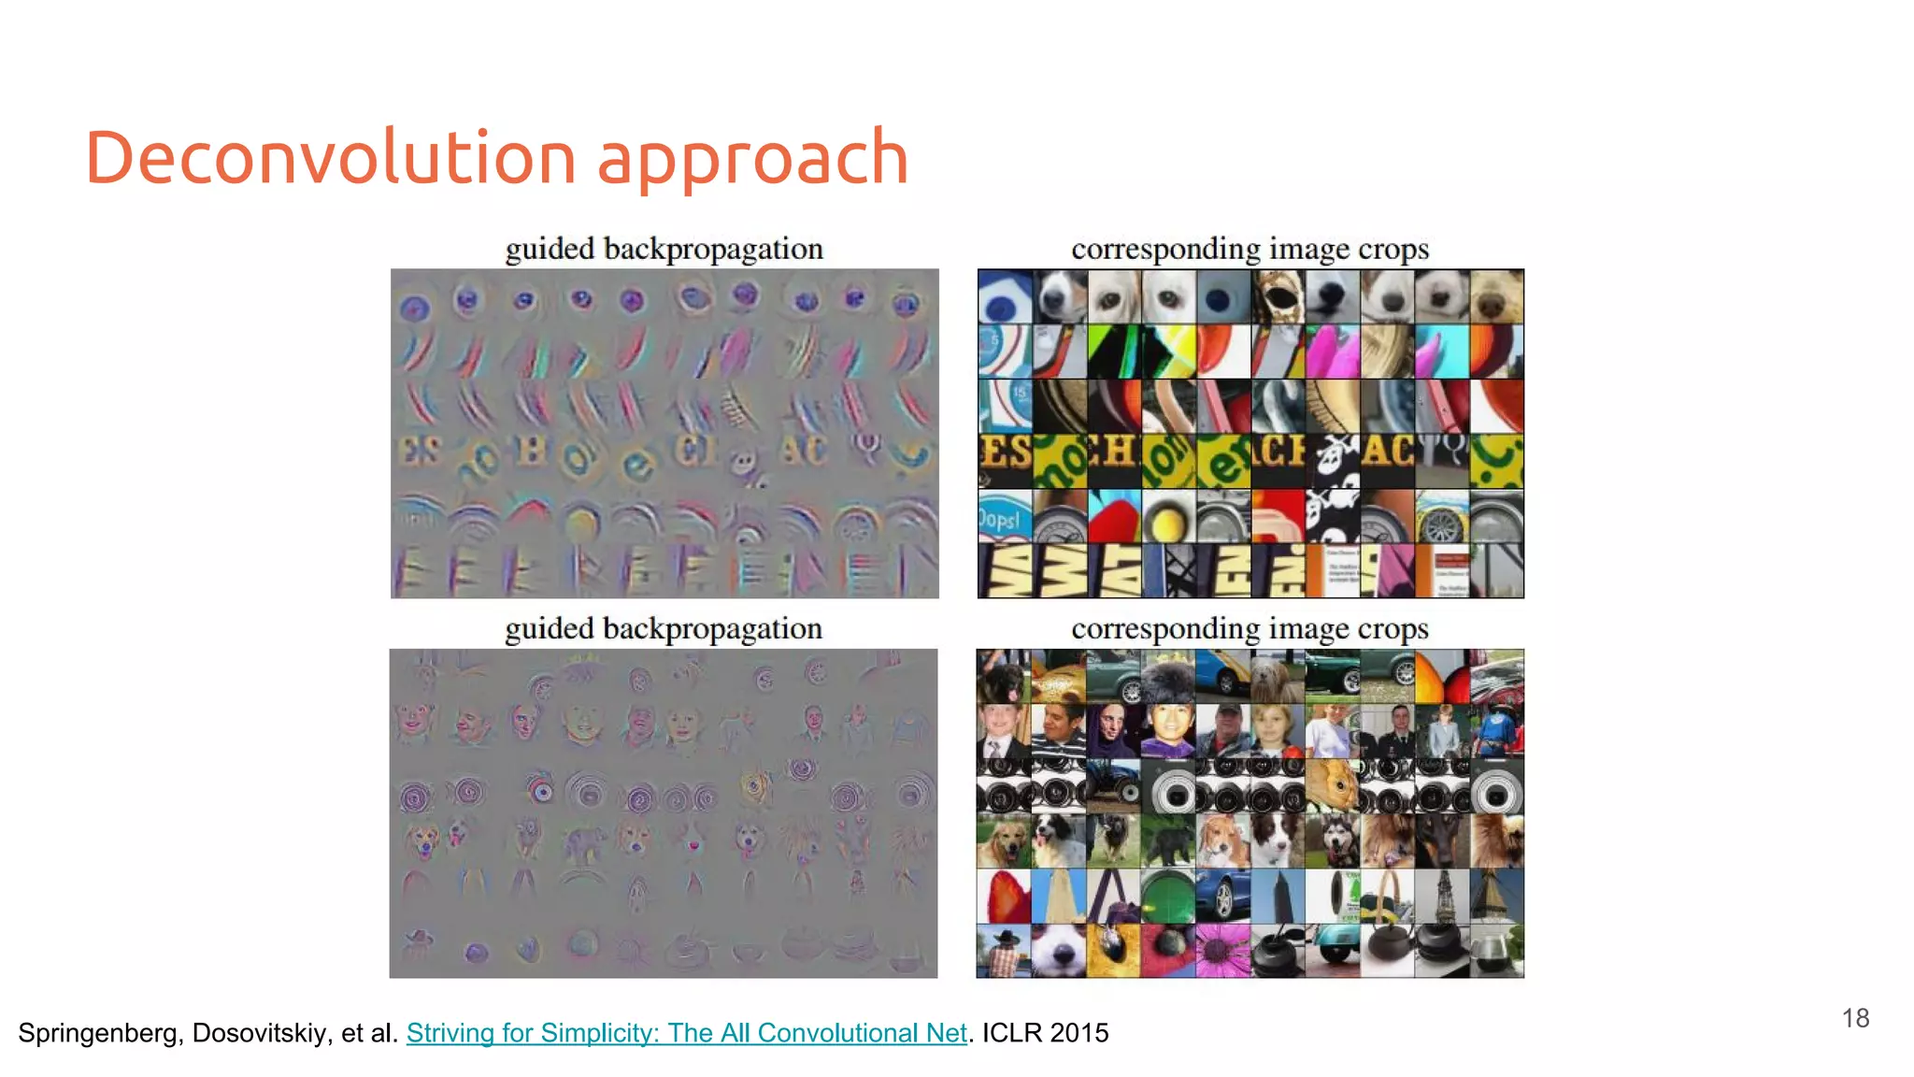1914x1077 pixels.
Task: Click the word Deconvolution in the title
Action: click(x=330, y=157)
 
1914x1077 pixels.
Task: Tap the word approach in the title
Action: click(x=752, y=159)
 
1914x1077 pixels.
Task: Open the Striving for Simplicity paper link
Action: click(x=686, y=1032)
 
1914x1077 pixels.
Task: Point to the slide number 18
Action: click(x=1855, y=1018)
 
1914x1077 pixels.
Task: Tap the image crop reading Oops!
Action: click(x=1004, y=516)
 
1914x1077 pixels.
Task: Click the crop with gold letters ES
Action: click(x=1005, y=459)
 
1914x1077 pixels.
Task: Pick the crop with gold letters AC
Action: click(x=1387, y=459)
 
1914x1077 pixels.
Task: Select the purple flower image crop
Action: click(x=1222, y=951)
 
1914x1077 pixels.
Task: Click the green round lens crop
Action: click(x=1167, y=896)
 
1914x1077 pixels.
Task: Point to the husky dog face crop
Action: click(x=1333, y=840)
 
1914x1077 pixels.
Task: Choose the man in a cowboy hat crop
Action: click(x=1004, y=951)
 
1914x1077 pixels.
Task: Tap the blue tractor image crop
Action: click(x=1113, y=785)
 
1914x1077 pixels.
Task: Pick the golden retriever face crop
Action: click(x=1004, y=840)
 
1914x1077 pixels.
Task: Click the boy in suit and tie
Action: click(x=1003, y=730)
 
